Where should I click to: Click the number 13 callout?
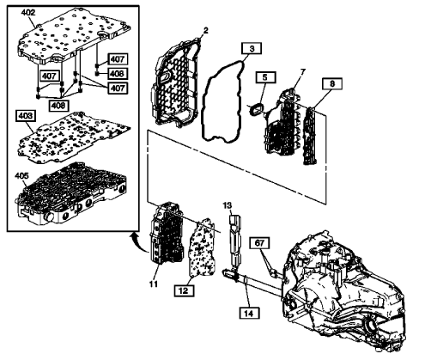click(228, 206)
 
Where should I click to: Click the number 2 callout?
click(204, 31)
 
